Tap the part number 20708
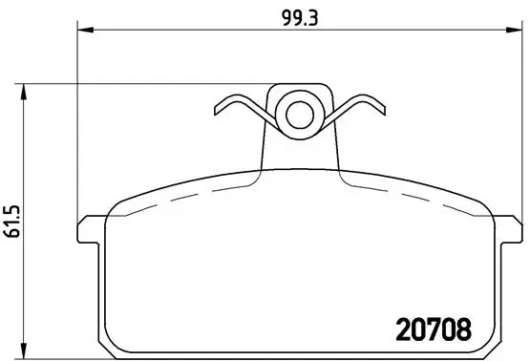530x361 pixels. point(434,328)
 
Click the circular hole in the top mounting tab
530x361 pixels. point(298,117)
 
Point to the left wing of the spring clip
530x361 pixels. point(240,109)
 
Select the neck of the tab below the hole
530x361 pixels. point(298,153)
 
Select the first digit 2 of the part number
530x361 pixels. point(403,328)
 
